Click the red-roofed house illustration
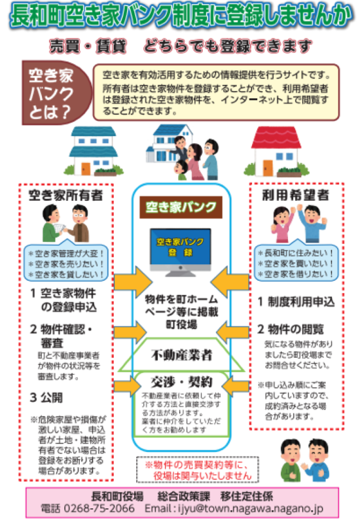tap(276, 151)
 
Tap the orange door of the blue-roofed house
tap(86, 169)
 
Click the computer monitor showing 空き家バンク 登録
tap(181, 252)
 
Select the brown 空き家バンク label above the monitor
tap(181, 207)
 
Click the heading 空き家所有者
tap(65, 195)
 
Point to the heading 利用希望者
tap(296, 195)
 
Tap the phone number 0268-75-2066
tap(99, 508)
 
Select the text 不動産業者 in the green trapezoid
tap(181, 355)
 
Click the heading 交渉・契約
tap(181, 381)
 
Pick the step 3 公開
tap(46, 397)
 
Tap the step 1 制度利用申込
tap(296, 302)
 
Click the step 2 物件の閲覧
tap(291, 329)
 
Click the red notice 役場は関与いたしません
tap(202, 476)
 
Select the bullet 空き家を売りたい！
tap(66, 264)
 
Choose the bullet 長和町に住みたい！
tap(296, 253)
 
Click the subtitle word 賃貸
tap(111, 46)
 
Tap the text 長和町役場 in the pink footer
tap(117, 497)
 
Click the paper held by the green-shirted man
tap(60, 228)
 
